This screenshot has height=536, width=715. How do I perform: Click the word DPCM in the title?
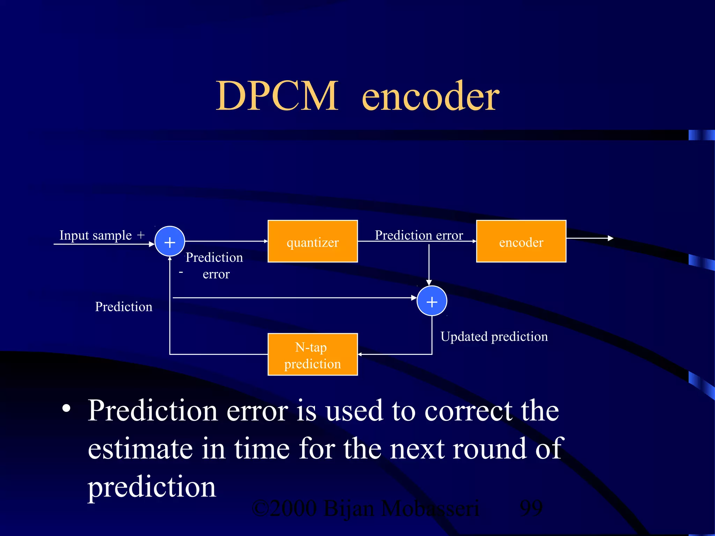click(277, 96)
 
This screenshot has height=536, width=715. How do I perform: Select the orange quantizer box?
click(312, 241)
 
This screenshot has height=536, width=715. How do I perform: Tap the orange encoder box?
click(521, 241)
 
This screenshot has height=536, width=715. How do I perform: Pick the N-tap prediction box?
click(312, 354)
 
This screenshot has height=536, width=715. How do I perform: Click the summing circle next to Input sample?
click(170, 241)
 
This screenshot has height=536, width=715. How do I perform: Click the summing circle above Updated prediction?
click(432, 301)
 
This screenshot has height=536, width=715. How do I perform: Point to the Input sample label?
click(95, 235)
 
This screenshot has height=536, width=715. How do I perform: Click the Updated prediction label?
click(494, 337)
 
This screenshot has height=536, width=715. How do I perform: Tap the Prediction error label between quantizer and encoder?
click(419, 235)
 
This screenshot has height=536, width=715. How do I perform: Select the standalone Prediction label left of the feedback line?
click(124, 307)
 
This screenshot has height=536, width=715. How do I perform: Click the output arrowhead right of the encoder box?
click(610, 238)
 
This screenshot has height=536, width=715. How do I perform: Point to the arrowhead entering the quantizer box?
click(266, 241)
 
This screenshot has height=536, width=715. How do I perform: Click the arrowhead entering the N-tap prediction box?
click(360, 354)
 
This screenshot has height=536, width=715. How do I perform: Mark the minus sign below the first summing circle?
click(181, 272)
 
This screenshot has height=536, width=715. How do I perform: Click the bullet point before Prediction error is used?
click(66, 408)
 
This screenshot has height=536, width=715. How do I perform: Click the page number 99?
click(531, 508)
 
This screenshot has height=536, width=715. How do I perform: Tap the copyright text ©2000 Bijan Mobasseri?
click(365, 508)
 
